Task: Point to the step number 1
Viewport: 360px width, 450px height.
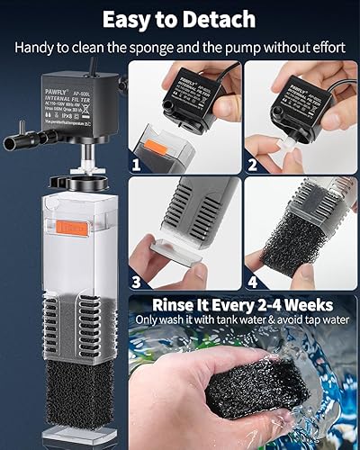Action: (x=136, y=166)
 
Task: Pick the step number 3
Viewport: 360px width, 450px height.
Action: (x=136, y=279)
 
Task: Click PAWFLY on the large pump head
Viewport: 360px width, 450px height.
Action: (x=37, y=88)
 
